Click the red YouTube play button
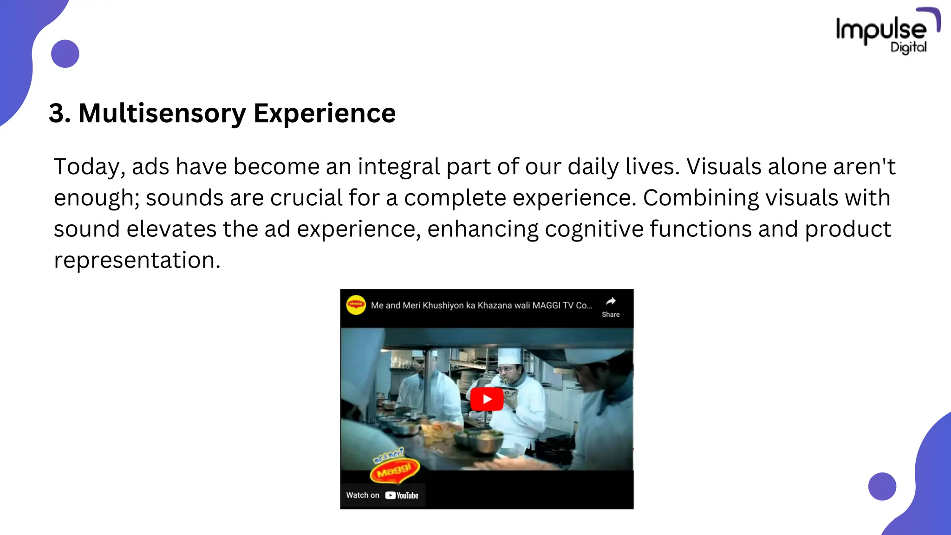pos(487,399)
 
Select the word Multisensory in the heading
pos(162,113)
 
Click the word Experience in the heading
pos(325,113)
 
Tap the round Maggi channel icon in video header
pos(356,305)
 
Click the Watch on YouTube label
pos(382,495)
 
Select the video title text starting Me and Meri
pos(482,306)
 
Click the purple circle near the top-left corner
pos(65,54)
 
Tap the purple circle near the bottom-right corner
pos(882,486)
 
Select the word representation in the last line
pos(137,260)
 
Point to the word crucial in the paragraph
pos(306,198)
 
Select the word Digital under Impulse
pos(908,47)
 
